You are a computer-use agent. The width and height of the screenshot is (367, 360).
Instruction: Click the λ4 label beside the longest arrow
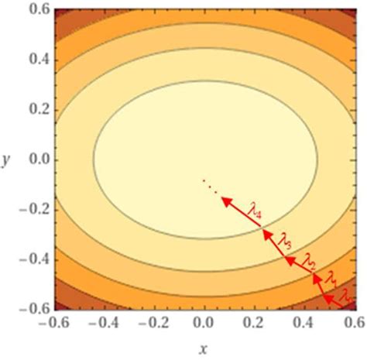[256, 207]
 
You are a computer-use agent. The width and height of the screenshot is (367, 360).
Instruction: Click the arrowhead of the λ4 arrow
[225, 201]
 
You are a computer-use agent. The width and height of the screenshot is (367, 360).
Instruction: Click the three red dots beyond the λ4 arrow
[209, 185]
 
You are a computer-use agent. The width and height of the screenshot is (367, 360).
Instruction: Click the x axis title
[204, 349]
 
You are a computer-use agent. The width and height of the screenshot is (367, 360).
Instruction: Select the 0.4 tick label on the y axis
[33, 59]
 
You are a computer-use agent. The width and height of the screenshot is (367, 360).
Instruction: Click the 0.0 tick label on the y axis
[33, 159]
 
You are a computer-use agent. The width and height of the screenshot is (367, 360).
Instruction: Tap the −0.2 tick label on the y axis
[29, 210]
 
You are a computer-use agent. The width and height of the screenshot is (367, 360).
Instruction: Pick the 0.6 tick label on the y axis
[33, 9]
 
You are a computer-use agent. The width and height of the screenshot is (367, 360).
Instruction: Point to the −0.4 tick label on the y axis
[29, 259]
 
